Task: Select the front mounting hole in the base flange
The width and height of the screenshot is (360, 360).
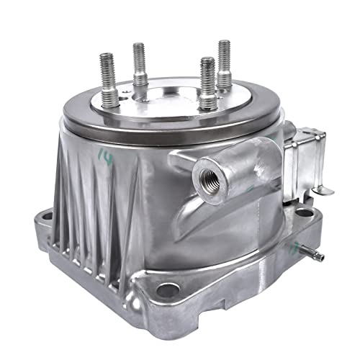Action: tap(168, 291)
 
